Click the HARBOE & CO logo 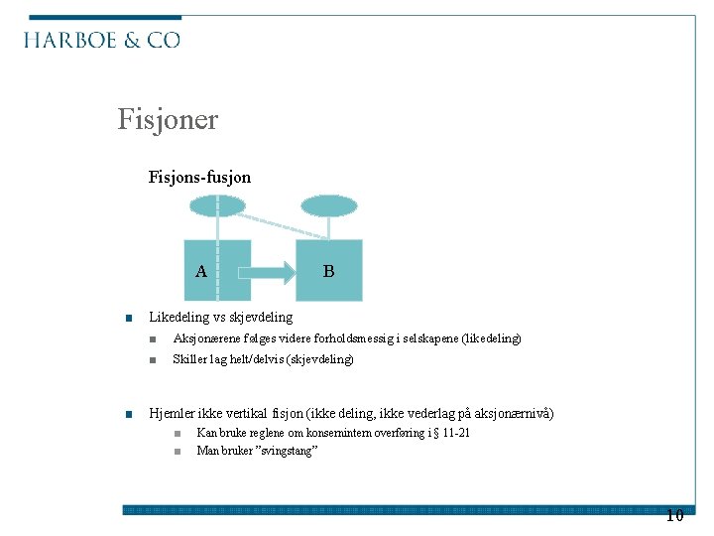click(102, 40)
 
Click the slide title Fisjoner click(168, 120)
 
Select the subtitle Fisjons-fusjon click(199, 178)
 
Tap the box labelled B click(330, 270)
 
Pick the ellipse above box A click(217, 205)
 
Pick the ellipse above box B click(328, 205)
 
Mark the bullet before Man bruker click(175, 452)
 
